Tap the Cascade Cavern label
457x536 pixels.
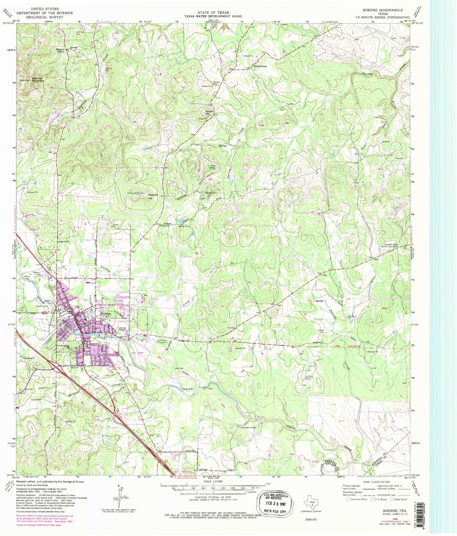(246, 427)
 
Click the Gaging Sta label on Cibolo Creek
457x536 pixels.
(190, 389)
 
